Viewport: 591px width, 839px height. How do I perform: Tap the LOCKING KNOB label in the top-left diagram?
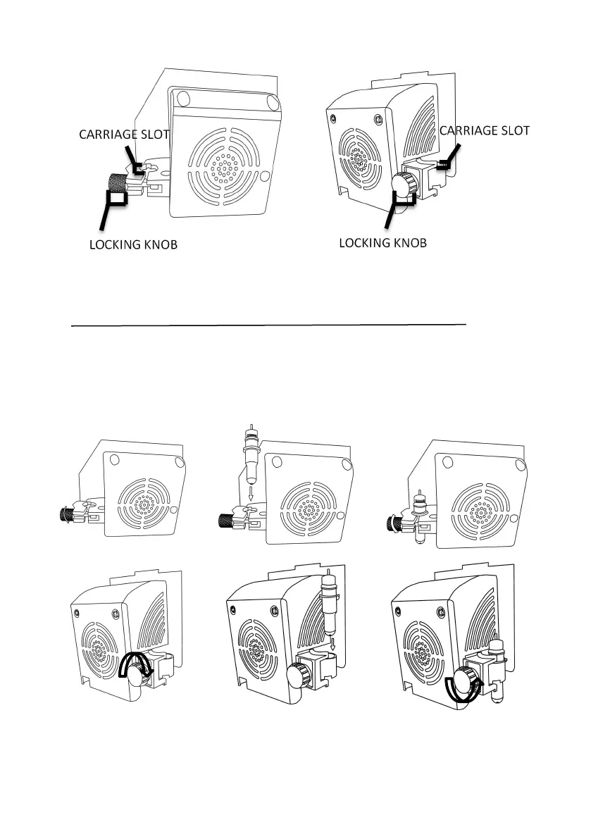point(133,245)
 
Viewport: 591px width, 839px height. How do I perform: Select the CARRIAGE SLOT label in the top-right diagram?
point(483,130)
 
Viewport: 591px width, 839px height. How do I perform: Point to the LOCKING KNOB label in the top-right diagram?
point(383,242)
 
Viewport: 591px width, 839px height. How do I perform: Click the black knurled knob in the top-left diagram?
point(116,186)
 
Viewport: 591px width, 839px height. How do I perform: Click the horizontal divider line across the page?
point(270,325)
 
